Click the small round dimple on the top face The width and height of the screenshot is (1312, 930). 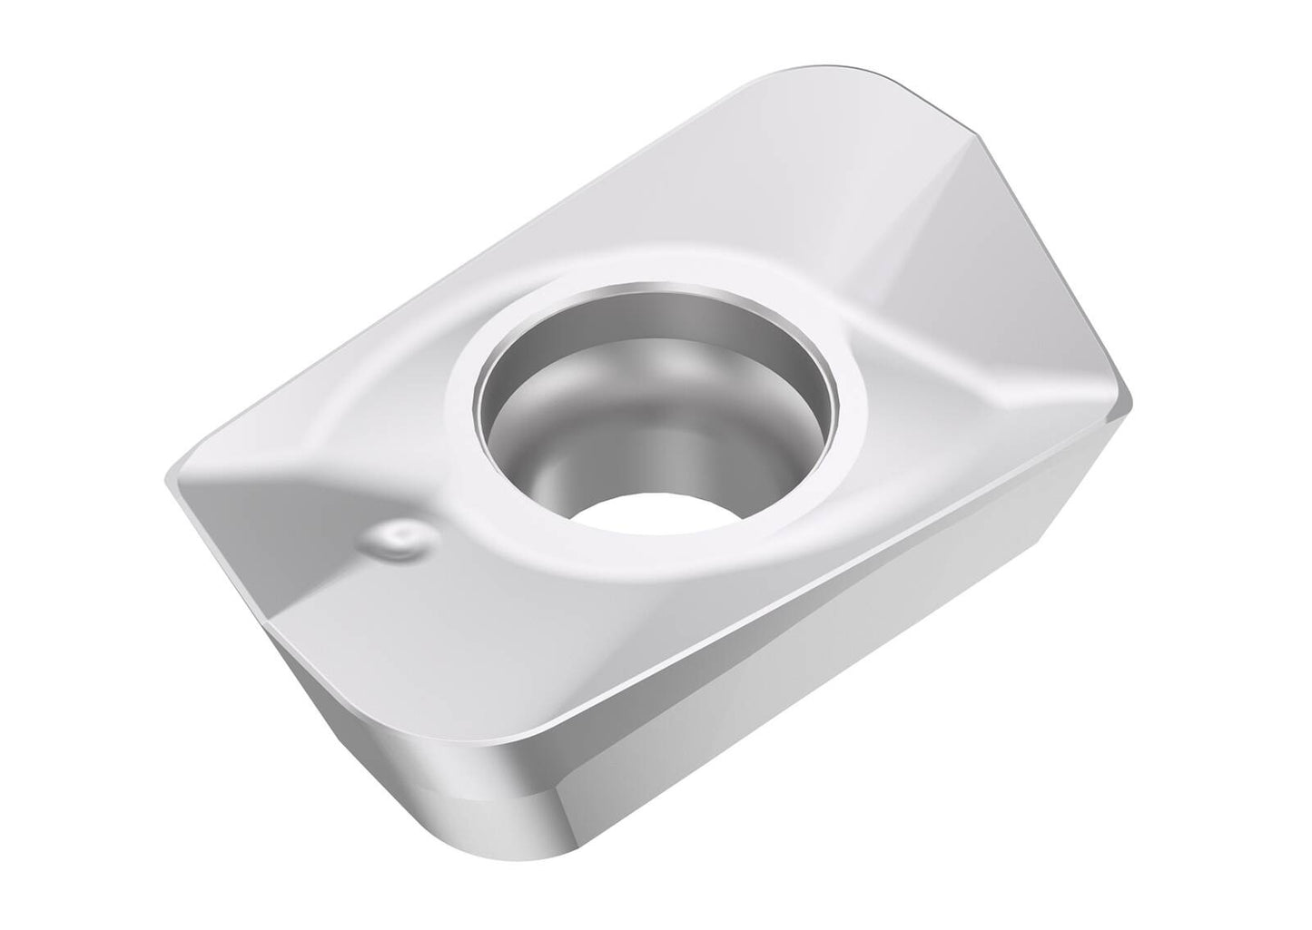click(x=398, y=539)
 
